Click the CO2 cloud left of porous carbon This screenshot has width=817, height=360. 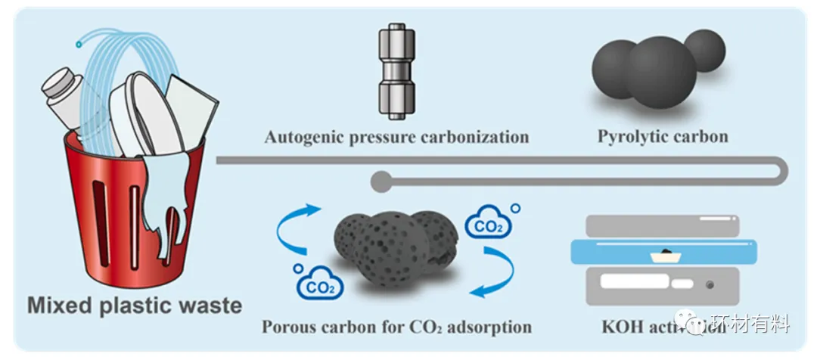point(320,284)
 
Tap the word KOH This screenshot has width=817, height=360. point(622,327)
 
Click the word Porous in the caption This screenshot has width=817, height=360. point(290,327)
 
